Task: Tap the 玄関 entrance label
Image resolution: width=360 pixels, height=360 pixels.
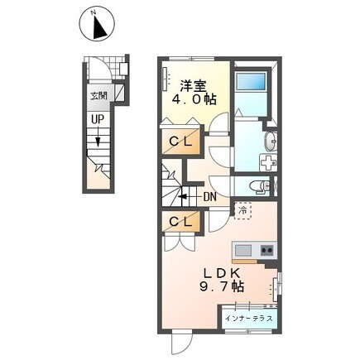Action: [98, 96]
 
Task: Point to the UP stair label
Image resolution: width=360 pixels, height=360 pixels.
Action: [98, 119]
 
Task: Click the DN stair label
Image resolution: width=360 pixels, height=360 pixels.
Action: [209, 197]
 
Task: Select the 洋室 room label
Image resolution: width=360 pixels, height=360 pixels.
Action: [193, 85]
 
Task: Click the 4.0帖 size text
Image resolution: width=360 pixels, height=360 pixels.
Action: [194, 99]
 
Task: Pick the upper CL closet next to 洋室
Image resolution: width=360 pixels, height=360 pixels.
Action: [180, 142]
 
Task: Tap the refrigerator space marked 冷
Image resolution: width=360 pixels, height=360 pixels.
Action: [242, 211]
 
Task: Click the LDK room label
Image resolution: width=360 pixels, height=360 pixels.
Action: [221, 273]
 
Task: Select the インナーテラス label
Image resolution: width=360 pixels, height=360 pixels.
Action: [249, 319]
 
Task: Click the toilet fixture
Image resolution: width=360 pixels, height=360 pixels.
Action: [260, 185]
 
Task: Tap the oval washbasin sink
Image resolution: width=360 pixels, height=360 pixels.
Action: [271, 142]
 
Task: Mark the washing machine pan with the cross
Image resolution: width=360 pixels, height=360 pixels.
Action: [268, 162]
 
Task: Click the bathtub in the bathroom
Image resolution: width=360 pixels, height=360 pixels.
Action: [251, 81]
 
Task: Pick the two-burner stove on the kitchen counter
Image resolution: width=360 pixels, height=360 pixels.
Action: [267, 251]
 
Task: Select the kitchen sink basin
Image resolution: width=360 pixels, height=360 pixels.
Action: [242, 251]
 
